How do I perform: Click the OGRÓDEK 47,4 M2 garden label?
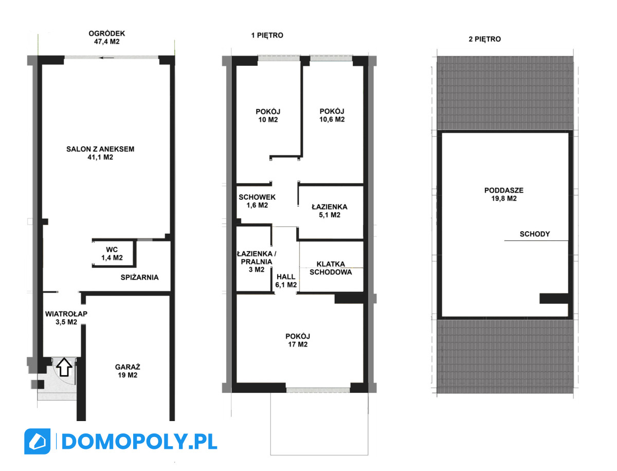coord(106,38)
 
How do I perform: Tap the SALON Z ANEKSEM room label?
coord(100,149)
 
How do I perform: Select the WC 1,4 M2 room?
coord(112,253)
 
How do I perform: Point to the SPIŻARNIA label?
coord(139,277)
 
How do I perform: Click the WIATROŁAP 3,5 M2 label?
coord(66,318)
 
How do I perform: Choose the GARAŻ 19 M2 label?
coord(128,371)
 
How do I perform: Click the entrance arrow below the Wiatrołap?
coord(64,367)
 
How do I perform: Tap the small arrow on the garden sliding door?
coord(106,58)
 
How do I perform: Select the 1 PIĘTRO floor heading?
coord(267,36)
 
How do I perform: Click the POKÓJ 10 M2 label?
coord(268,116)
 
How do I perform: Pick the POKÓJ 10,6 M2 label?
coord(332,115)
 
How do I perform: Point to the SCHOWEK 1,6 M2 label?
coord(257,201)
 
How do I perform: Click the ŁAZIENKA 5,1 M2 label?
coord(330,211)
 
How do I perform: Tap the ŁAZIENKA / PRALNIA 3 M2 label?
coord(257,261)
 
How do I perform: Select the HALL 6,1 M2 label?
coord(286,281)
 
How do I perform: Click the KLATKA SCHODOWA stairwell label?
coord(331,268)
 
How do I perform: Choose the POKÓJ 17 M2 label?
coord(298,340)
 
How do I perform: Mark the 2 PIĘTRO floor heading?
coord(485,39)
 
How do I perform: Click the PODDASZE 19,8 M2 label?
coord(504,195)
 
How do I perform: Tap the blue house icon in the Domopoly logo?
coord(38,442)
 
